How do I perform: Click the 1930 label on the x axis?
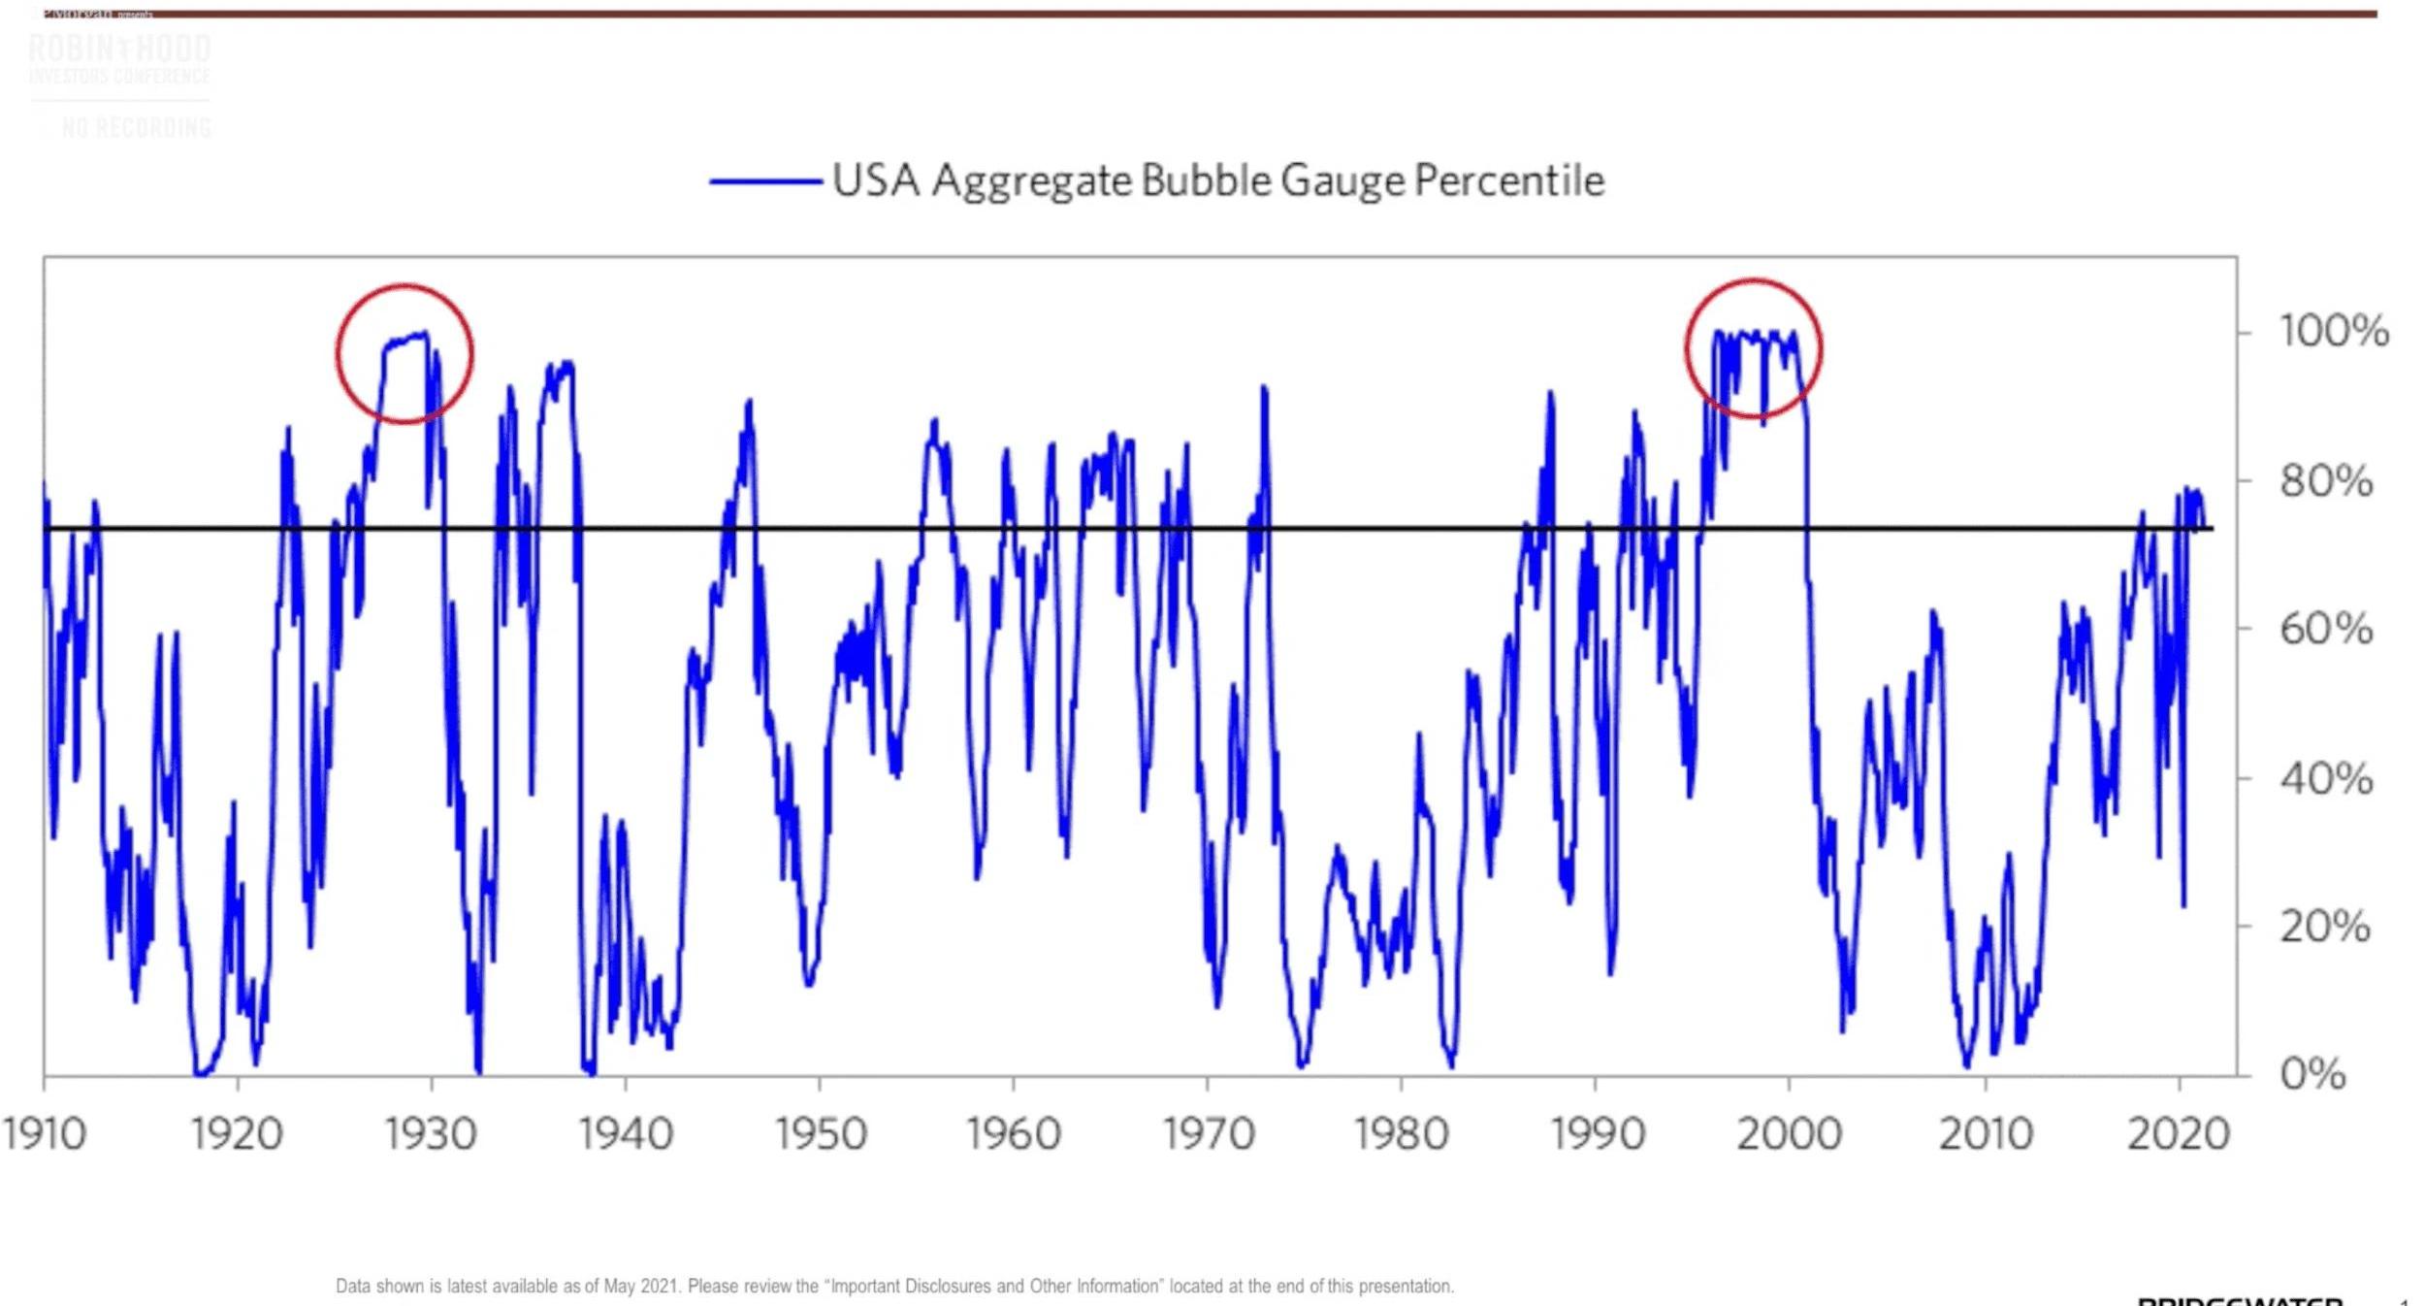click(x=431, y=1133)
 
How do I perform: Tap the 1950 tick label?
click(x=820, y=1133)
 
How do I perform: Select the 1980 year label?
click(x=1401, y=1133)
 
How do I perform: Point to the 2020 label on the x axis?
click(x=2179, y=1133)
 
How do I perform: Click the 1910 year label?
click(x=44, y=1133)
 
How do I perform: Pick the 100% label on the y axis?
click(x=2333, y=332)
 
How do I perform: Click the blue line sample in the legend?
click(x=765, y=181)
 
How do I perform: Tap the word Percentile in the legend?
click(x=1508, y=180)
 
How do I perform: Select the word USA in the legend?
click(x=876, y=180)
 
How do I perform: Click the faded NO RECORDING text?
click(x=136, y=127)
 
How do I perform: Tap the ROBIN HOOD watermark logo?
click(x=120, y=49)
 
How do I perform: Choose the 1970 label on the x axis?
click(x=1208, y=1133)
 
